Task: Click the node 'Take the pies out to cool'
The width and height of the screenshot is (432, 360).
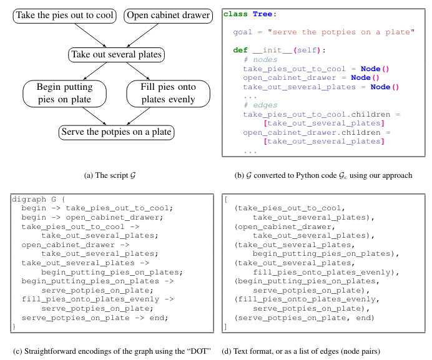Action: (x=64, y=16)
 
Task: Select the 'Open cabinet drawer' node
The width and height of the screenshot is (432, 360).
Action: (x=167, y=16)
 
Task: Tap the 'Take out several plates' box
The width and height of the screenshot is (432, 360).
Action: (x=116, y=55)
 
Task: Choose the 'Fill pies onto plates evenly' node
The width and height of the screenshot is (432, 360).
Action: (x=160, y=94)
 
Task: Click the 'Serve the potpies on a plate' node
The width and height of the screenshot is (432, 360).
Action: (x=115, y=132)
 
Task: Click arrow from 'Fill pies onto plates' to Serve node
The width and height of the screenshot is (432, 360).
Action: (x=141, y=117)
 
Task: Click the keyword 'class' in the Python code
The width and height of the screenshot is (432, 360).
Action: (x=235, y=14)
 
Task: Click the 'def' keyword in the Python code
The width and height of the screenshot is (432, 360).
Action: (x=240, y=50)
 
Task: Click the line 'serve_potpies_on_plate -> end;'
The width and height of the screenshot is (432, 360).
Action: (x=95, y=318)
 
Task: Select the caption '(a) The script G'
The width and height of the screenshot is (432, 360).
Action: (x=109, y=175)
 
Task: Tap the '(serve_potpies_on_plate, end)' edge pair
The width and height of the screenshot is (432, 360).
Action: (x=303, y=318)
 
